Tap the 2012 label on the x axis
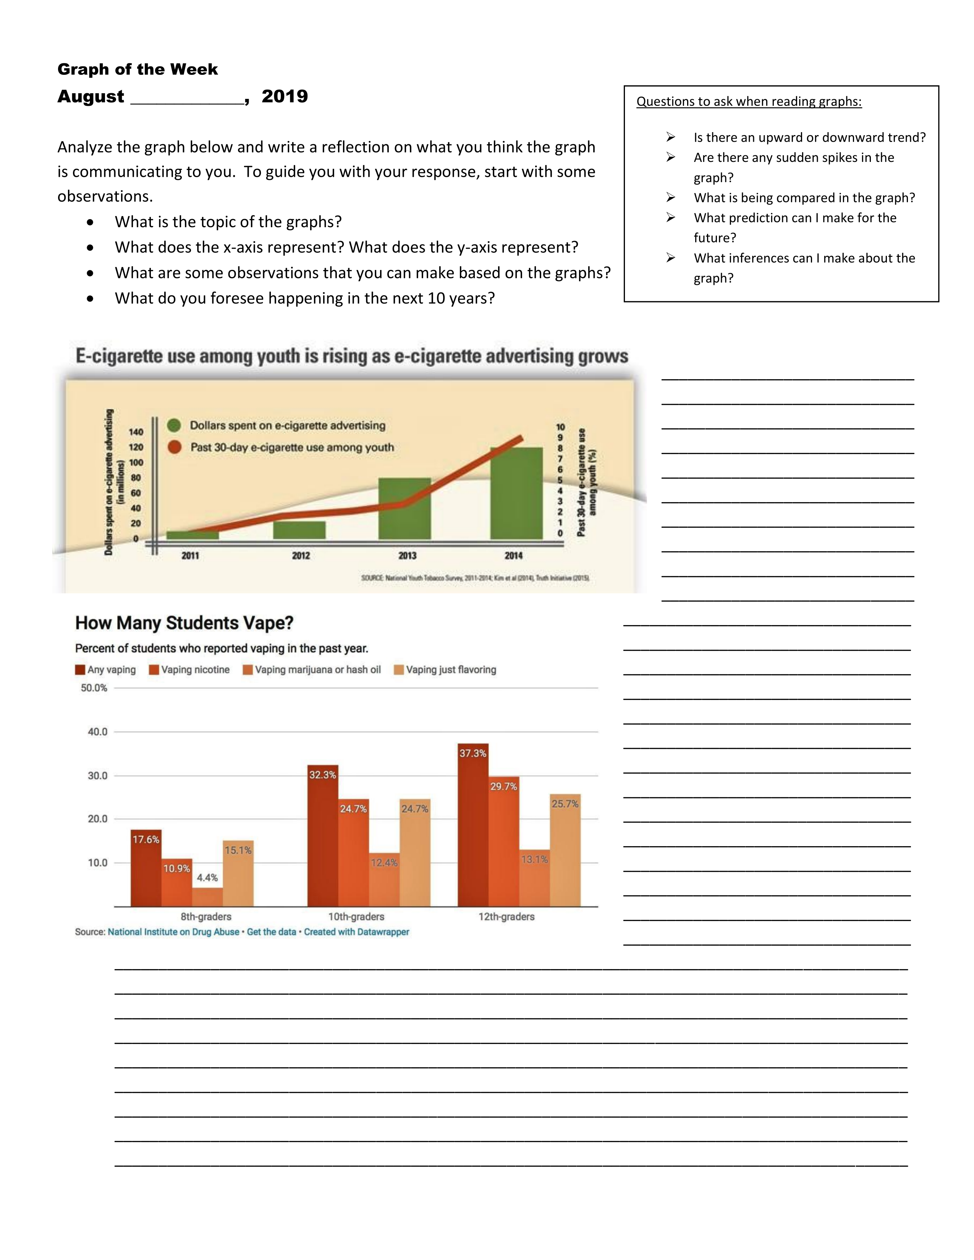[x=301, y=556]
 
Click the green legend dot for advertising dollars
[x=174, y=425]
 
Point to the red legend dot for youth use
[x=174, y=447]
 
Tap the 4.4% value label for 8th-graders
[x=207, y=877]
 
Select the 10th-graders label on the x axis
[x=356, y=917]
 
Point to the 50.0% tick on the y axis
[x=94, y=688]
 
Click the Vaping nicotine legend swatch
[x=154, y=670]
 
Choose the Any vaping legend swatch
[x=80, y=670]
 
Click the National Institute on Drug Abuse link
[x=173, y=932]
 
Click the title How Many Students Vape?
[x=184, y=623]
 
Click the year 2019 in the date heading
[x=285, y=96]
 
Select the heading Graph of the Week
[x=138, y=69]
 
